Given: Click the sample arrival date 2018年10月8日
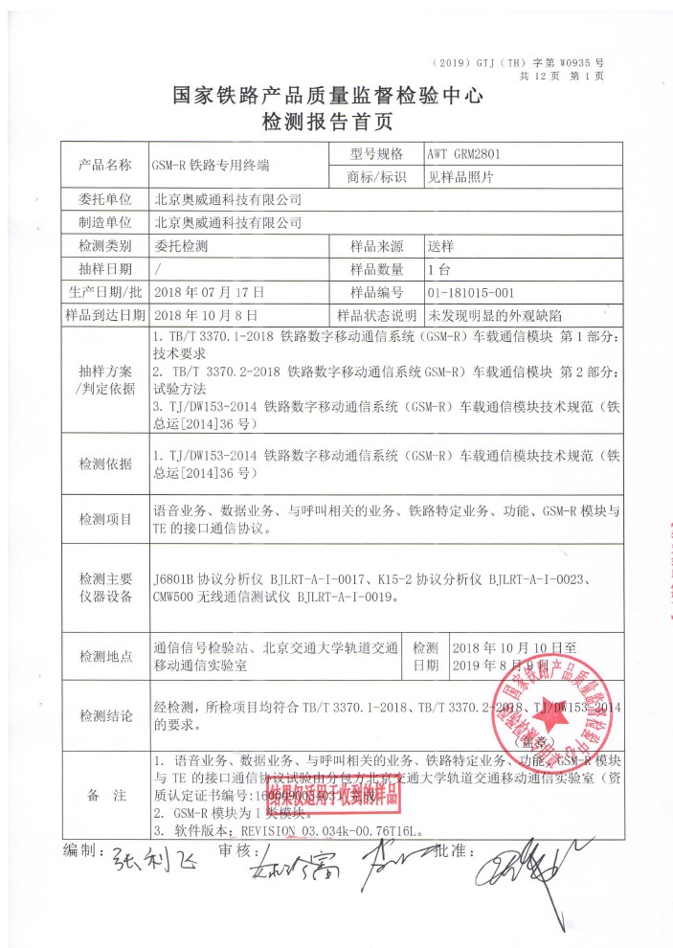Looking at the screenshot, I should click(x=206, y=314).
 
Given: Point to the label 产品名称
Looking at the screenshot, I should click(x=104, y=165).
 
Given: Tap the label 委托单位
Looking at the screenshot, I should click(x=104, y=200).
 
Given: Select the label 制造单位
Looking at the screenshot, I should click(x=104, y=223).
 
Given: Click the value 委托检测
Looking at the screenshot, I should click(x=181, y=246).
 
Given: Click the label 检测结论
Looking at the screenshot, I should click(x=104, y=715).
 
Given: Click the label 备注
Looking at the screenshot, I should click(x=104, y=796).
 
